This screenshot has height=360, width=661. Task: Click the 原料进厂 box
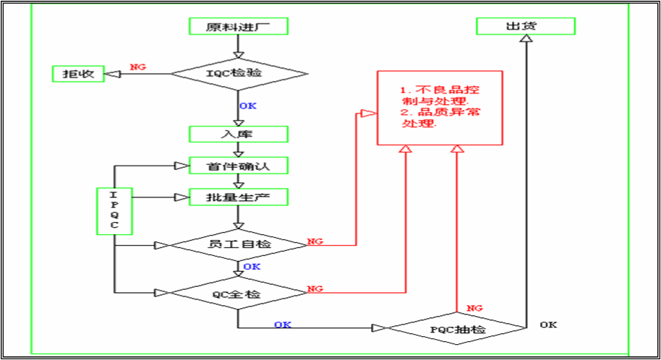click(238, 27)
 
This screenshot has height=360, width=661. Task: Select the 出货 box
click(526, 27)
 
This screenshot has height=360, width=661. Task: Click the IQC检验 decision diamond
click(239, 73)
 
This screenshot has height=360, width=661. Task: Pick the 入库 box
click(238, 134)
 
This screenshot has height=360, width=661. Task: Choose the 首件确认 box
click(238, 166)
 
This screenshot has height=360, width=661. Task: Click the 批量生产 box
click(238, 197)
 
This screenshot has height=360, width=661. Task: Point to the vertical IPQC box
click(115, 210)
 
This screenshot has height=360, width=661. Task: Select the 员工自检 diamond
click(239, 244)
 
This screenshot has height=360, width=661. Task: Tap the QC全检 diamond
click(239, 293)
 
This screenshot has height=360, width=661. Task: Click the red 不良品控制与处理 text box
click(440, 107)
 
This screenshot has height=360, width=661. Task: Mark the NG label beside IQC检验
click(137, 67)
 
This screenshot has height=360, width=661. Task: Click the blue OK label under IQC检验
click(248, 106)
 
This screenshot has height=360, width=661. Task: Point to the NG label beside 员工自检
click(315, 241)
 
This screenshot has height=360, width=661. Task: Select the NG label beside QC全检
click(315, 288)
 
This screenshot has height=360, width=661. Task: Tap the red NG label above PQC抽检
click(474, 309)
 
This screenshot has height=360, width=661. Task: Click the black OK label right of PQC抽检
click(548, 325)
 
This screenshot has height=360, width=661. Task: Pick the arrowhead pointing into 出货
click(526, 42)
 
